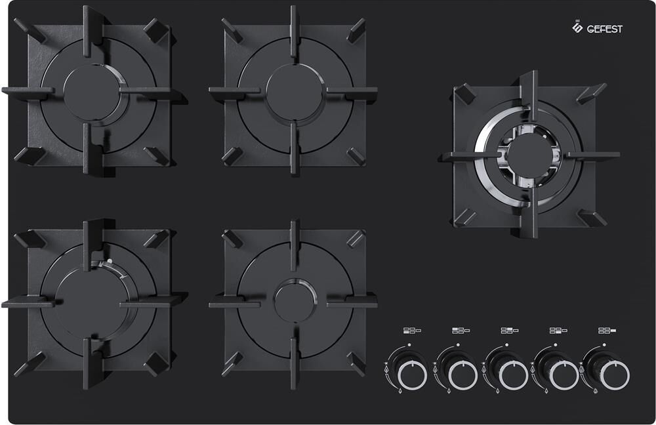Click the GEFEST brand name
pyautogui.click(x=605, y=29)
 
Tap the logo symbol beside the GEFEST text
pyautogui.click(x=577, y=27)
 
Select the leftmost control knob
pyautogui.click(x=412, y=374)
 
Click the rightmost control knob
pyautogui.click(x=615, y=374)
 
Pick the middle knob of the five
pyautogui.click(x=514, y=374)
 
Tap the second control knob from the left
pyautogui.click(x=462, y=374)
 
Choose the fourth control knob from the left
pyautogui.click(x=564, y=374)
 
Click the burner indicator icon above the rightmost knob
pyautogui.click(x=607, y=331)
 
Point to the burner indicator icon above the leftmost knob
pyautogui.click(x=412, y=331)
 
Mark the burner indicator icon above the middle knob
pyautogui.click(x=510, y=331)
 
